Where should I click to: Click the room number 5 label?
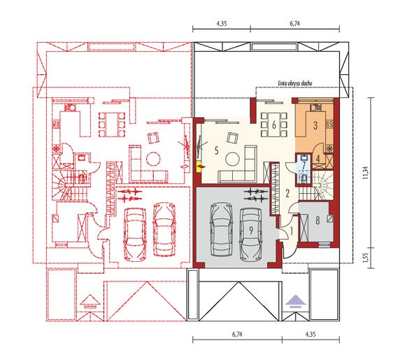[x=217, y=150]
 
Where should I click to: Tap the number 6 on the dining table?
[x=274, y=125]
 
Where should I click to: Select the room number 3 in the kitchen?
[x=315, y=125]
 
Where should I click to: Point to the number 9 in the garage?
[x=251, y=230]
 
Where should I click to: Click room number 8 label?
[x=317, y=220]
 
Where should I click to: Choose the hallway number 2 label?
[x=287, y=193]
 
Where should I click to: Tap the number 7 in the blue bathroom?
[x=304, y=164]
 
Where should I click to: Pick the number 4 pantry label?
[x=318, y=158]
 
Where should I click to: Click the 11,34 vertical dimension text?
[x=366, y=173]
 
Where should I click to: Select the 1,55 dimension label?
[x=366, y=258]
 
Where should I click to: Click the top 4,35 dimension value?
[x=222, y=24]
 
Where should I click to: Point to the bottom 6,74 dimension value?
[x=237, y=334]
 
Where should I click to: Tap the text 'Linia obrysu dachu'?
[x=294, y=83]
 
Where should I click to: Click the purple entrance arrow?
[x=295, y=302]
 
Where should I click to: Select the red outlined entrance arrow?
[x=90, y=302]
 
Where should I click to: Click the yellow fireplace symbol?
[x=201, y=167]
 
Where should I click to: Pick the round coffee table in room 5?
[x=232, y=158]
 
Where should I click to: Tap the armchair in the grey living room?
[x=232, y=137]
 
